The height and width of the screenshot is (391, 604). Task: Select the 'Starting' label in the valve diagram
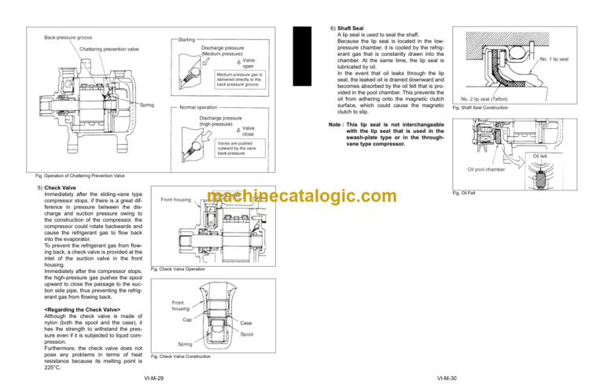coord(188,39)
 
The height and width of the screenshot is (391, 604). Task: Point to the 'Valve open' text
coord(248,63)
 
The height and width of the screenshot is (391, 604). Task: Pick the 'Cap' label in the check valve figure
coord(188,319)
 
